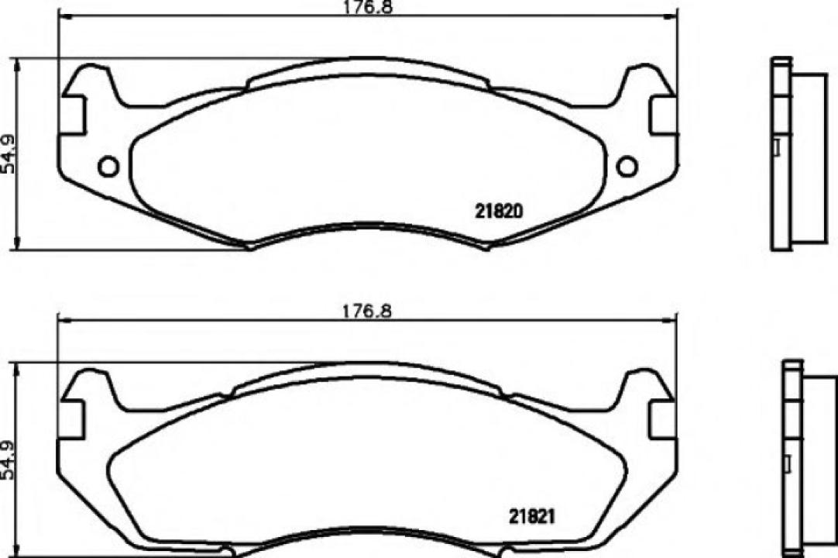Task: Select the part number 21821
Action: (534, 515)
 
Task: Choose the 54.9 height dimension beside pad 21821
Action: (9, 462)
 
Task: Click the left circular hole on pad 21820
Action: (108, 166)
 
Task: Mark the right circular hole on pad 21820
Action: (627, 166)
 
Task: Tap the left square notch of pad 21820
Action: (72, 115)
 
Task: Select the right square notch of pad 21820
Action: (664, 115)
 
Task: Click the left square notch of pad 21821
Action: (72, 418)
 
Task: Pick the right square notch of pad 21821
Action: (664, 418)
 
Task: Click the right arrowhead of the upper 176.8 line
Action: (672, 16)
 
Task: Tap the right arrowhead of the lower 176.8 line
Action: (672, 319)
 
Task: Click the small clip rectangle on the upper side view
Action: (777, 146)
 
